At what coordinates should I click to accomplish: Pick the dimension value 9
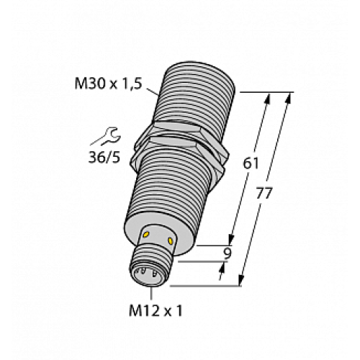click(x=227, y=253)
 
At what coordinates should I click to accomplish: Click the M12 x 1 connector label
click(x=153, y=312)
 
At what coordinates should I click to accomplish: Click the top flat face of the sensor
click(x=197, y=73)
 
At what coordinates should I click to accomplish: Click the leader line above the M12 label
click(x=152, y=292)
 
